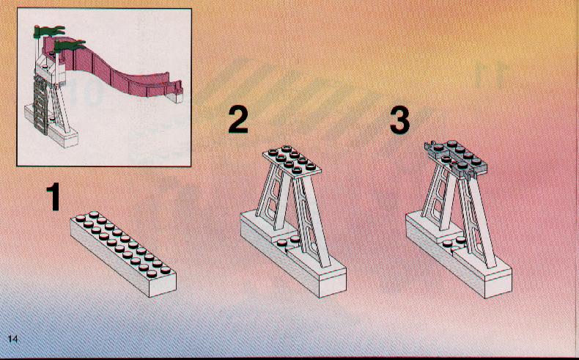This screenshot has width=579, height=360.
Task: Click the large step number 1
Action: (x=54, y=197)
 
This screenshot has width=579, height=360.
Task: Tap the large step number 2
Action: (x=237, y=120)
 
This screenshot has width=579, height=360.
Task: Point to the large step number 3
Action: (x=400, y=120)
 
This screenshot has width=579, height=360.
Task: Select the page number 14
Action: (x=12, y=339)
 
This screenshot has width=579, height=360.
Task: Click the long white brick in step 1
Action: (x=123, y=254)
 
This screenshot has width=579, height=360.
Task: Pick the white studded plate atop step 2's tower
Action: (x=292, y=160)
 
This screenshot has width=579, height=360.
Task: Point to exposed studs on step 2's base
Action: (x=287, y=241)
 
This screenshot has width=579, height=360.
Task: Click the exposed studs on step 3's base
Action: (x=454, y=241)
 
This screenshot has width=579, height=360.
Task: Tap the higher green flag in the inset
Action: (x=49, y=32)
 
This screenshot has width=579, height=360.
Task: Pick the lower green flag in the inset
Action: (x=70, y=46)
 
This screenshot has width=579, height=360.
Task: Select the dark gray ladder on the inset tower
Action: (x=40, y=107)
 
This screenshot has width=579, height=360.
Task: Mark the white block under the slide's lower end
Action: (x=175, y=98)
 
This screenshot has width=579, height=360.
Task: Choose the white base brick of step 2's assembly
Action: (x=294, y=259)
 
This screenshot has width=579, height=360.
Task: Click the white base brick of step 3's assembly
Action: (x=459, y=260)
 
